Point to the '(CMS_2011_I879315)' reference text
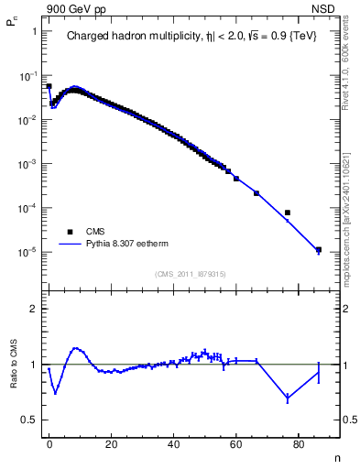191,274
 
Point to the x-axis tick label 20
111,443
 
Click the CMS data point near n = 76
288,213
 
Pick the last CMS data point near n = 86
319,249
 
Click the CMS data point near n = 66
256,193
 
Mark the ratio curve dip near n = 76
288,398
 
